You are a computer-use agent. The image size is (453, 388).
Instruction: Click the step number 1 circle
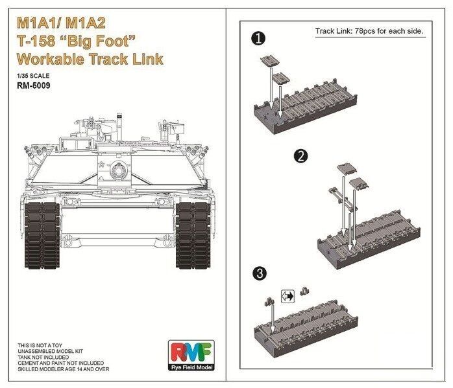pos(258,38)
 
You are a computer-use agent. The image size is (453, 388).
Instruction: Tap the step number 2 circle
pos(300,156)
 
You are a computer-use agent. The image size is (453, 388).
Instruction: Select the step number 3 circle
pos(260,273)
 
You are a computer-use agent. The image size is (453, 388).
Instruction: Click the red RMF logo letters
pos(191,352)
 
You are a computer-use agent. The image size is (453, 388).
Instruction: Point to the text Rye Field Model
pos(191,367)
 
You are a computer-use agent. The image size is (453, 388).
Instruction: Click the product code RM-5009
pos(34,86)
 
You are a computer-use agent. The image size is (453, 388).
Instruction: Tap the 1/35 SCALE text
pos(33,76)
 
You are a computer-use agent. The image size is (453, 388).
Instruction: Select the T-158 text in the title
pos(36,41)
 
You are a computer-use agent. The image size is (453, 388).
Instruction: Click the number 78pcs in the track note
pos(365,31)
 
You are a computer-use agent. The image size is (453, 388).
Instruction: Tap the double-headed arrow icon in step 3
pos(288,296)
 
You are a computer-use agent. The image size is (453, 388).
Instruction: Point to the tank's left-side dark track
pos(42,235)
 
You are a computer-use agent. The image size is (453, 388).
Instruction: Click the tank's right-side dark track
pos(193,235)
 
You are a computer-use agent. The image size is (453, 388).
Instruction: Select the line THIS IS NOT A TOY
pos(40,345)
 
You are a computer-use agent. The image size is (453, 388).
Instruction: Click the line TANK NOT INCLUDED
pos(43,357)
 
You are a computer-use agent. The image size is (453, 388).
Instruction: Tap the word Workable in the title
pos(51,59)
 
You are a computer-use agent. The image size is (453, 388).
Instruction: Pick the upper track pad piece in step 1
pos(270,61)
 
